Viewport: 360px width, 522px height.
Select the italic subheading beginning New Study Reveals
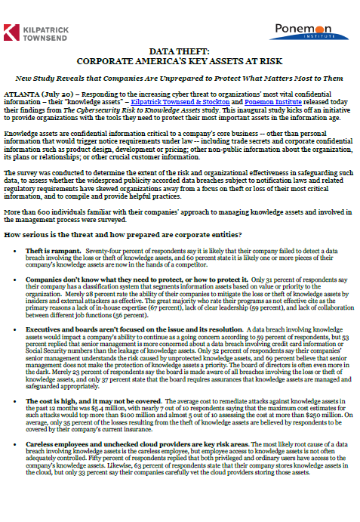[x=180, y=79]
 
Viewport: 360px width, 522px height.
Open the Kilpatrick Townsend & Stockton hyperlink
[x=184, y=99]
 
